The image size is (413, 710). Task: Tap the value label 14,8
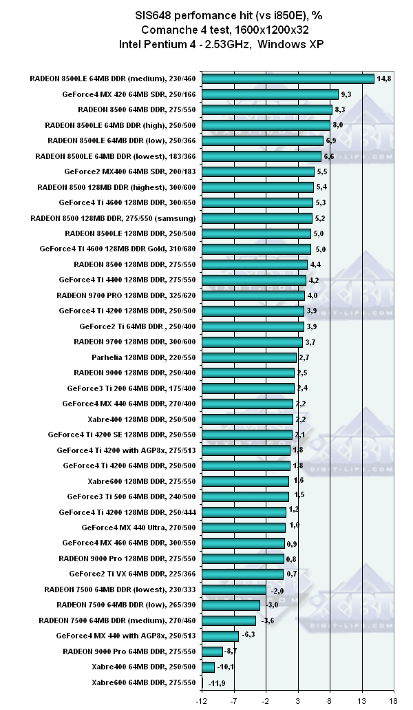[x=385, y=79]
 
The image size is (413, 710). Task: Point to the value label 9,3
[x=346, y=94]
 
